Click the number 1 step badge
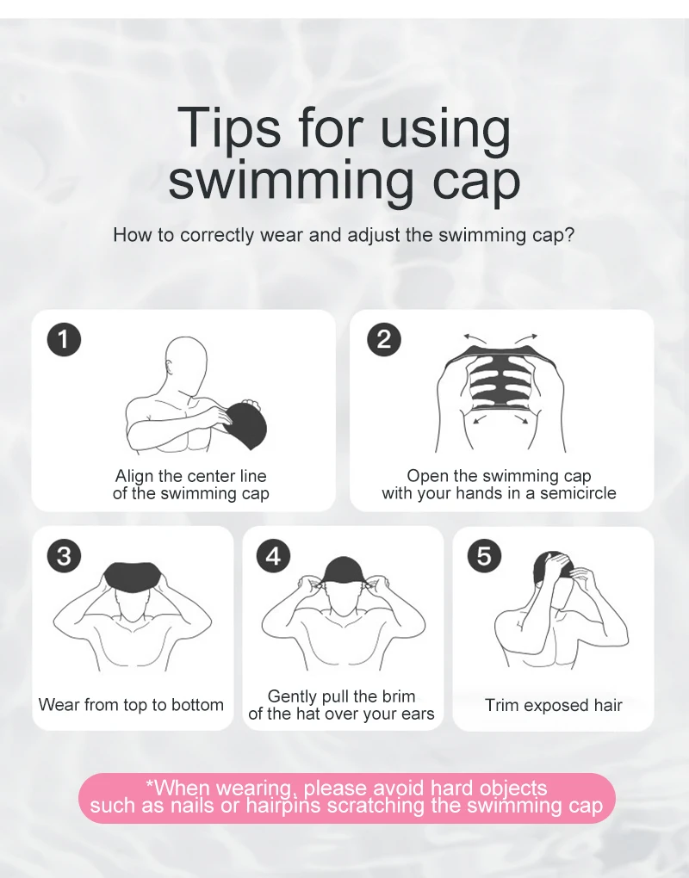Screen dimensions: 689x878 64,339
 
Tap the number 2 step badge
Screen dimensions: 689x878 384,339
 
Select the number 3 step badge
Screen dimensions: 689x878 64,556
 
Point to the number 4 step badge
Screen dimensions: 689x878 273,556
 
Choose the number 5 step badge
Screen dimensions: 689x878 485,556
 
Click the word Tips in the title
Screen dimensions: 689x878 228,129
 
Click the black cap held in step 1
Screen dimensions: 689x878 245,425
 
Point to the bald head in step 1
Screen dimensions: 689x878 187,364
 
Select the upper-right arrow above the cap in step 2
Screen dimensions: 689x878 526,337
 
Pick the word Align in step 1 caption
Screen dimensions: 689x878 134,476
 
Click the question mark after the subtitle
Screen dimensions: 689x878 569,235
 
